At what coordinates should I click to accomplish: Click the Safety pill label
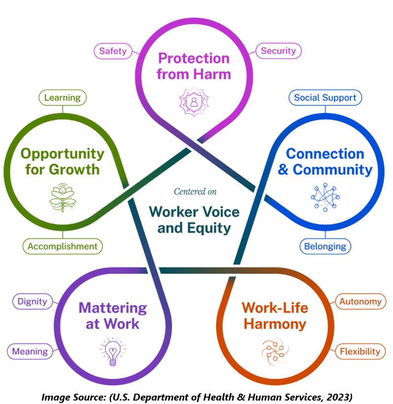click(x=113, y=51)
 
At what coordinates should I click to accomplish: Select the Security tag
click(x=278, y=51)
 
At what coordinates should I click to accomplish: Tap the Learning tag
click(x=63, y=98)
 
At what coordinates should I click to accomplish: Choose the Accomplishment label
click(x=63, y=246)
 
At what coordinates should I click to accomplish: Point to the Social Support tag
click(x=325, y=98)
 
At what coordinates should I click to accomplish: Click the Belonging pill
click(x=325, y=246)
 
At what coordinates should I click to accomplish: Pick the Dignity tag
click(x=33, y=301)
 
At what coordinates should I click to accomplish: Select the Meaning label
click(x=30, y=351)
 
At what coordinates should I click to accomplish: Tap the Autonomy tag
click(x=360, y=301)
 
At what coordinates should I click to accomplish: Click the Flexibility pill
click(x=360, y=351)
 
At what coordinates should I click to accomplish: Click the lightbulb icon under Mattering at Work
click(x=113, y=351)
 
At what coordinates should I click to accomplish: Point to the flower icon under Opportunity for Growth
click(x=63, y=198)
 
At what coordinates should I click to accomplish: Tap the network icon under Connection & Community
click(x=325, y=198)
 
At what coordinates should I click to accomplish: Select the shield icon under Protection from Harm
click(x=194, y=101)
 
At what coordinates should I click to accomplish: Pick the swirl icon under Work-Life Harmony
click(x=275, y=351)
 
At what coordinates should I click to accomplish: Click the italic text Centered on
click(x=195, y=192)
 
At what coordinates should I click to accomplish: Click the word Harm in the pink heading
click(x=212, y=74)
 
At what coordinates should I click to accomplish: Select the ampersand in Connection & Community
click(x=283, y=169)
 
